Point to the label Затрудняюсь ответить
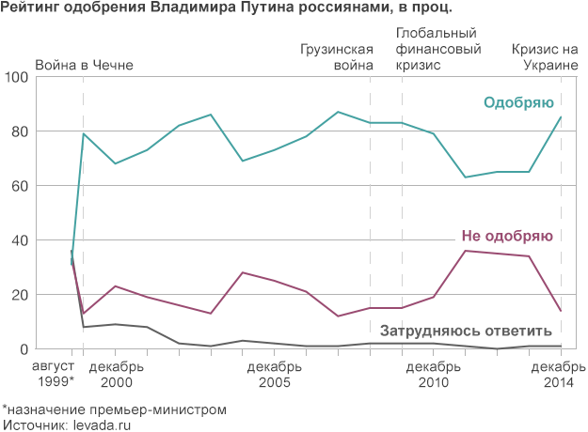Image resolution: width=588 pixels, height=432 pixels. tap(465, 331)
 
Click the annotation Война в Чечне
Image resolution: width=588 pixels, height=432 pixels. tap(84, 66)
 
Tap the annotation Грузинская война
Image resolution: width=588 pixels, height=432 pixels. tap(337, 57)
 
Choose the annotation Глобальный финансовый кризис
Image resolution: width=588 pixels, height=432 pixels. tap(433, 49)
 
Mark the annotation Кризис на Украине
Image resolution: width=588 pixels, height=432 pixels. tap(545, 57)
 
